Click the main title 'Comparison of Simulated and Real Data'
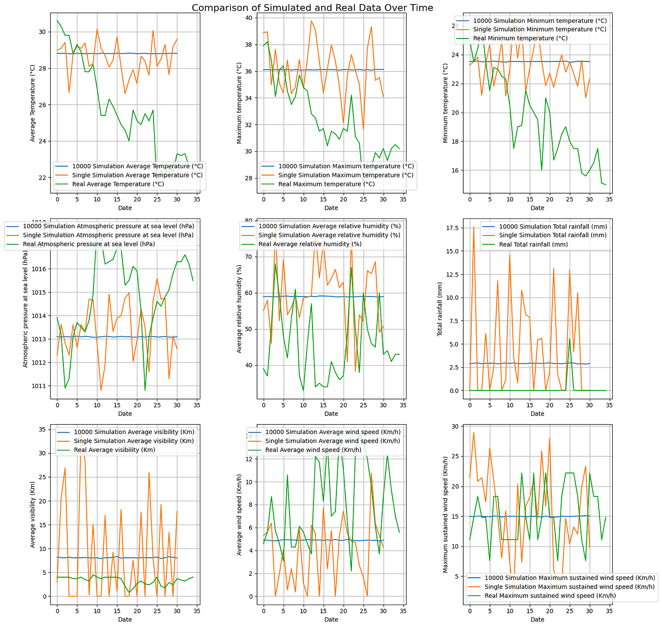pos(312,8)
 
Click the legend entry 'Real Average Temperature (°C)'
pos(118,184)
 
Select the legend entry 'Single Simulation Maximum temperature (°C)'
pos(346,175)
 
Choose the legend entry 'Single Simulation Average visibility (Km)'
pos(134,441)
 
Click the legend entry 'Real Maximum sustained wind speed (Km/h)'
pos(550,596)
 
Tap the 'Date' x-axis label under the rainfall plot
pos(537,413)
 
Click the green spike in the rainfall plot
pos(569,338)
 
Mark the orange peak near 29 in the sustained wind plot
pos(473,432)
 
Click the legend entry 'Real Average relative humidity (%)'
pos(310,244)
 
